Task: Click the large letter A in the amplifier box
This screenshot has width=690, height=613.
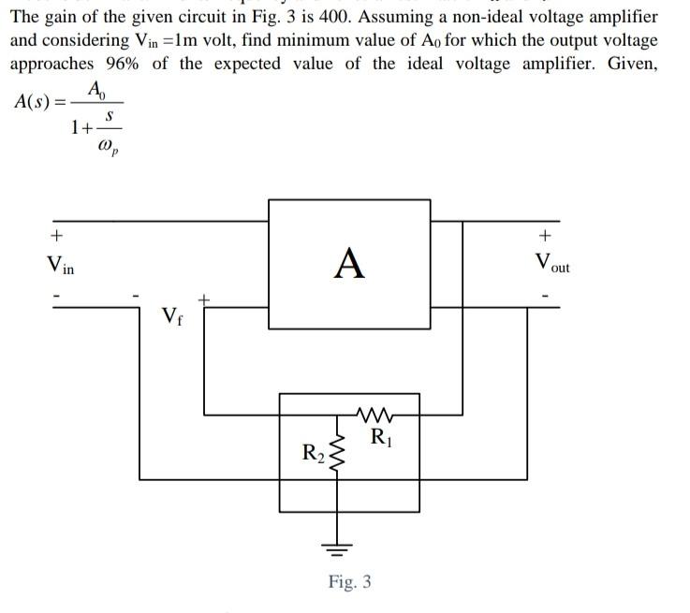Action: (349, 263)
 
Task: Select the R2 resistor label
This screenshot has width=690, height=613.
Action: (313, 454)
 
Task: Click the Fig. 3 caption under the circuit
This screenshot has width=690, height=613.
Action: (349, 582)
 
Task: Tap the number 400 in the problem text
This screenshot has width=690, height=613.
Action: (335, 18)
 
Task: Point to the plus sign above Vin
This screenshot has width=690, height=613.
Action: (57, 234)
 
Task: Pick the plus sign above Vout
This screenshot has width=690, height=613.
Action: (547, 234)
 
